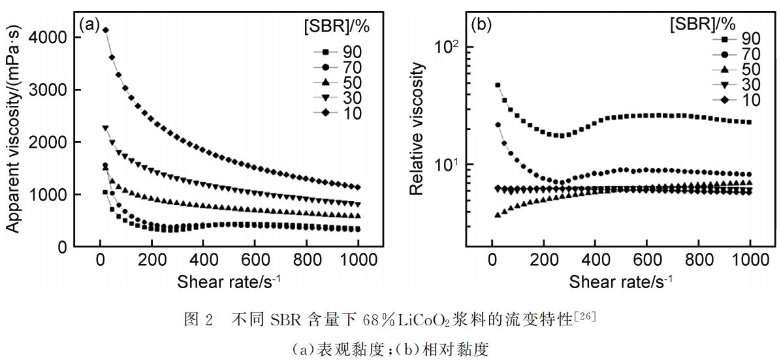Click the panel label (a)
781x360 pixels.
click(89, 25)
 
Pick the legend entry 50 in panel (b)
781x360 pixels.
click(749, 70)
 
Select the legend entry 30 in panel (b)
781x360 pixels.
click(749, 85)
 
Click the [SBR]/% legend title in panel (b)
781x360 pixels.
click(703, 25)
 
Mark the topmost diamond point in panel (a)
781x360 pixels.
click(105, 30)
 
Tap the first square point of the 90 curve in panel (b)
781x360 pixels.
click(498, 85)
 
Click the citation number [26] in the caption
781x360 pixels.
click(584, 316)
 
